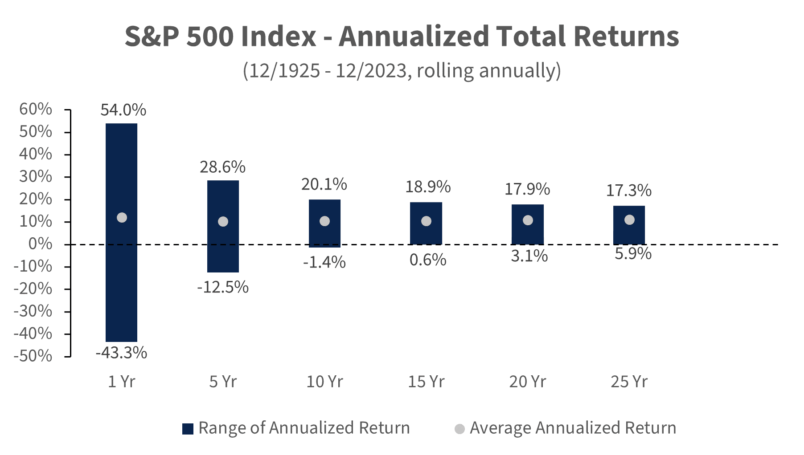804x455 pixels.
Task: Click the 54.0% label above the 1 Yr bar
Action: tap(123, 110)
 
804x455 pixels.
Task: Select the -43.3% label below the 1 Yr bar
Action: tap(121, 353)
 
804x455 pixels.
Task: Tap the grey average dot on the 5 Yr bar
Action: tap(223, 222)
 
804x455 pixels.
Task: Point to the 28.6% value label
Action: tap(222, 167)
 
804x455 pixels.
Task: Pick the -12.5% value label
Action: tap(222, 287)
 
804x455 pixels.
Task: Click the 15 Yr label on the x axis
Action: tap(426, 382)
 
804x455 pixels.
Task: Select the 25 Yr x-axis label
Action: tap(629, 382)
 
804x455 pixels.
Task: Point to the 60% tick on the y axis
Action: tap(36, 109)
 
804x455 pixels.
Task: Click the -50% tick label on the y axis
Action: tap(33, 356)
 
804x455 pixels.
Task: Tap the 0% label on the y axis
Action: tap(40, 244)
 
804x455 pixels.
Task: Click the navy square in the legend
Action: tap(188, 429)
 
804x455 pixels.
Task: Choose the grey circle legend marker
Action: tap(459, 429)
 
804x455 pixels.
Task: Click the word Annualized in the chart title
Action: tap(414, 37)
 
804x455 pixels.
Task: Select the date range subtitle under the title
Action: tap(402, 71)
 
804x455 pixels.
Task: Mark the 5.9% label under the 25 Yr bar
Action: tap(633, 254)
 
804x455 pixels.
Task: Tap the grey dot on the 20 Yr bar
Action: tap(528, 220)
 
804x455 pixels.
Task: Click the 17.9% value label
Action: tap(527, 189)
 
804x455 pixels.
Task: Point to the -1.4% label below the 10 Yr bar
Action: tap(324, 262)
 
